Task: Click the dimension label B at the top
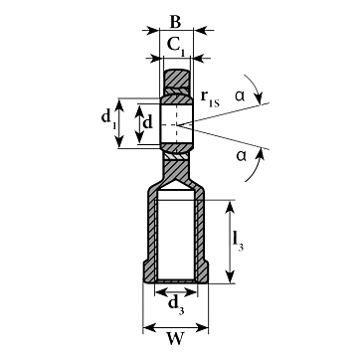tap(175, 23)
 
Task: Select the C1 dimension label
tap(176, 47)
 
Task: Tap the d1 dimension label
tap(108, 120)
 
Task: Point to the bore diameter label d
tap(147, 123)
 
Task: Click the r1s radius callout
tap(210, 98)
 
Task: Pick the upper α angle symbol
tap(240, 95)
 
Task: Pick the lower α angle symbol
tap(242, 155)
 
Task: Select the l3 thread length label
tap(238, 242)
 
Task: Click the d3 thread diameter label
tap(176, 305)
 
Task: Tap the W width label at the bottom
tap(176, 339)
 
